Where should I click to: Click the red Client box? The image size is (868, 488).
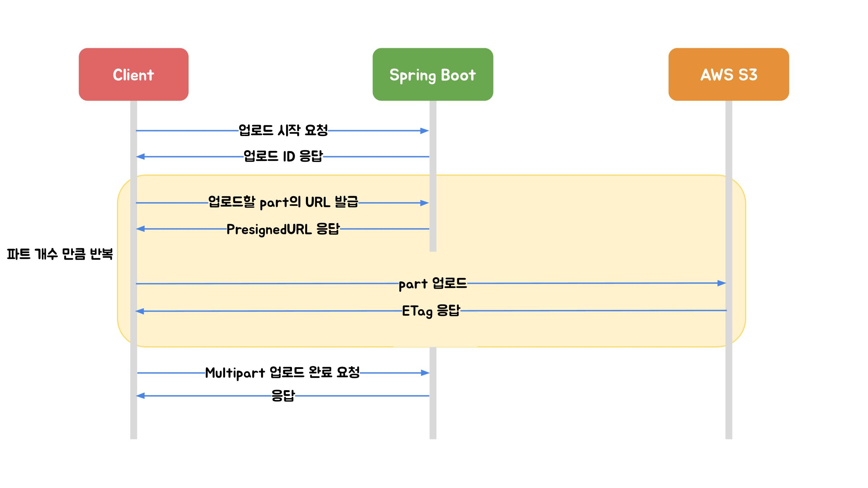pos(133,74)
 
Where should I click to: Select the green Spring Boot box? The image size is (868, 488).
pos(433,74)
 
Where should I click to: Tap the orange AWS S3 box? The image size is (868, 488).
pos(728,74)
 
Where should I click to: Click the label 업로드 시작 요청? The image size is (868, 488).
pos(283,131)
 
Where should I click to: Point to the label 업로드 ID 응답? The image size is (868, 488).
pos(283,157)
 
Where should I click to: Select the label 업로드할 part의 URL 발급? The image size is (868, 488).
pos(283,202)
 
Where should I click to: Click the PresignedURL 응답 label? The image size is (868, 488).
pos(283,229)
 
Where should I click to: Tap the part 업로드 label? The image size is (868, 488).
pos(433,284)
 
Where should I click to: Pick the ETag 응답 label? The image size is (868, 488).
pos(431,311)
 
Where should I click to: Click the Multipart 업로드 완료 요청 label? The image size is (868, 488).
pos(282,373)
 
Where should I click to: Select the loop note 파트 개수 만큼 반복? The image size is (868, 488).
pos(60,254)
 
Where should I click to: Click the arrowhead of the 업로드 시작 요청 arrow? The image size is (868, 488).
pos(425,131)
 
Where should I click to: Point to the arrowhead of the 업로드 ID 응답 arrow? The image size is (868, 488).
pos(140,157)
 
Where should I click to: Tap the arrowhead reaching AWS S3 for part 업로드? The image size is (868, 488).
pos(721,283)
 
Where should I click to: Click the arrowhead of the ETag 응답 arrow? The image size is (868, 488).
pos(140,311)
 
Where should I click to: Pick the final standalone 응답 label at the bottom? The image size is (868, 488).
pos(283,395)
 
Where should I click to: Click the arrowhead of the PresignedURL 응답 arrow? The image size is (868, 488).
pos(140,229)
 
